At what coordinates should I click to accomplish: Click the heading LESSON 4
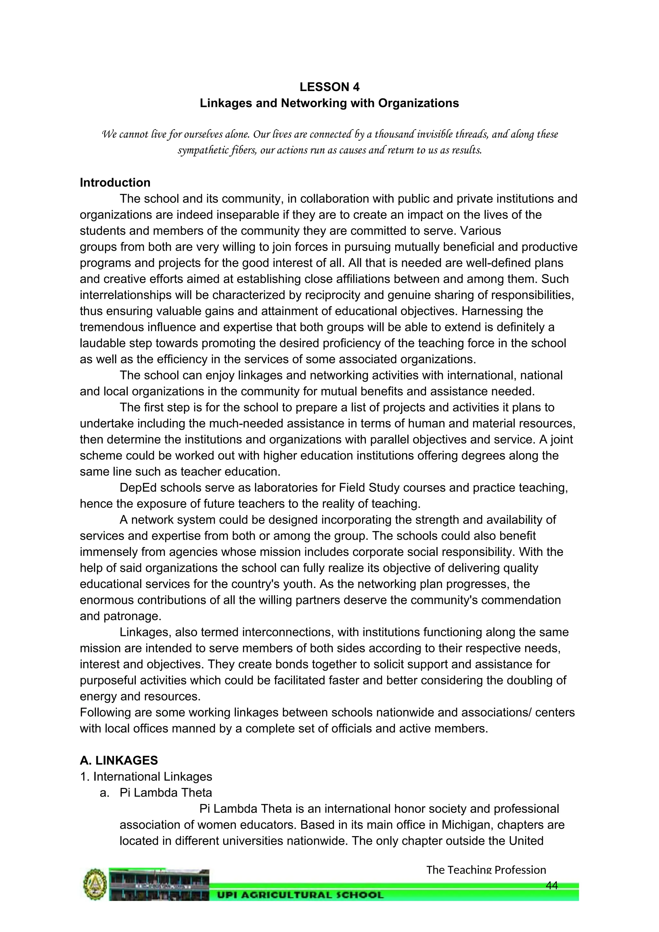[x=329, y=87]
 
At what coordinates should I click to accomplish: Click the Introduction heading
[x=115, y=183]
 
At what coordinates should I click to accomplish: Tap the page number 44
[x=552, y=885]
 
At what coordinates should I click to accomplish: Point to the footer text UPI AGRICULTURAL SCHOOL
[x=300, y=895]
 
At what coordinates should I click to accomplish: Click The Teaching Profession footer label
[x=486, y=870]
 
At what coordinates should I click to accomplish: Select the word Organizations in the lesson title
[x=418, y=103]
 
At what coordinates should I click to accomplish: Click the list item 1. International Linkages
[x=146, y=777]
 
